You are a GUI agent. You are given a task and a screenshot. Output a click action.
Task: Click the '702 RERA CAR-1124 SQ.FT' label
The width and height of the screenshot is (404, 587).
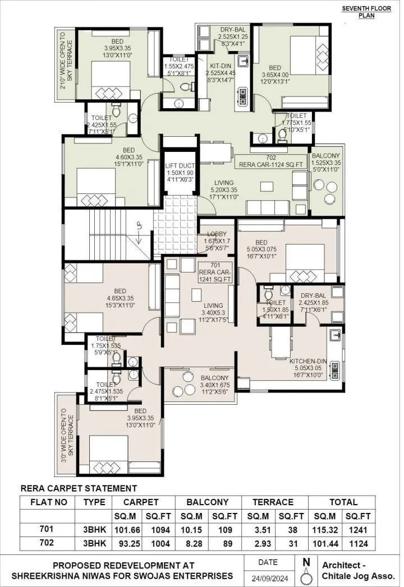[x=271, y=161]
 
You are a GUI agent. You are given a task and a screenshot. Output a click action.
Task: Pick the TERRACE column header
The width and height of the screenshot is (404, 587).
[x=273, y=502]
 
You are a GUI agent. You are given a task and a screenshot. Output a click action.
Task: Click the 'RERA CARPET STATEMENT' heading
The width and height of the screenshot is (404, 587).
[x=79, y=488]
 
